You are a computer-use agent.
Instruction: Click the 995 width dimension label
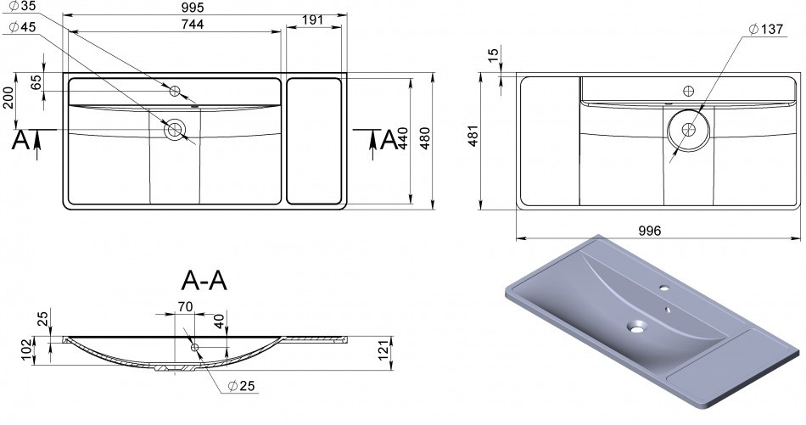[x=192, y=7]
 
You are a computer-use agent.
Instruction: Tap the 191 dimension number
[x=313, y=20]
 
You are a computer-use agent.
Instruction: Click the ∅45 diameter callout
[x=21, y=27]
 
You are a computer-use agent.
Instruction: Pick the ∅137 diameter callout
[x=765, y=30]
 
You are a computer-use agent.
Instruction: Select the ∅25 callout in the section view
[x=241, y=386]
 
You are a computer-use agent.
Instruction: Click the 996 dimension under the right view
[x=649, y=231]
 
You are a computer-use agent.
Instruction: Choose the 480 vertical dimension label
[x=424, y=137]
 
